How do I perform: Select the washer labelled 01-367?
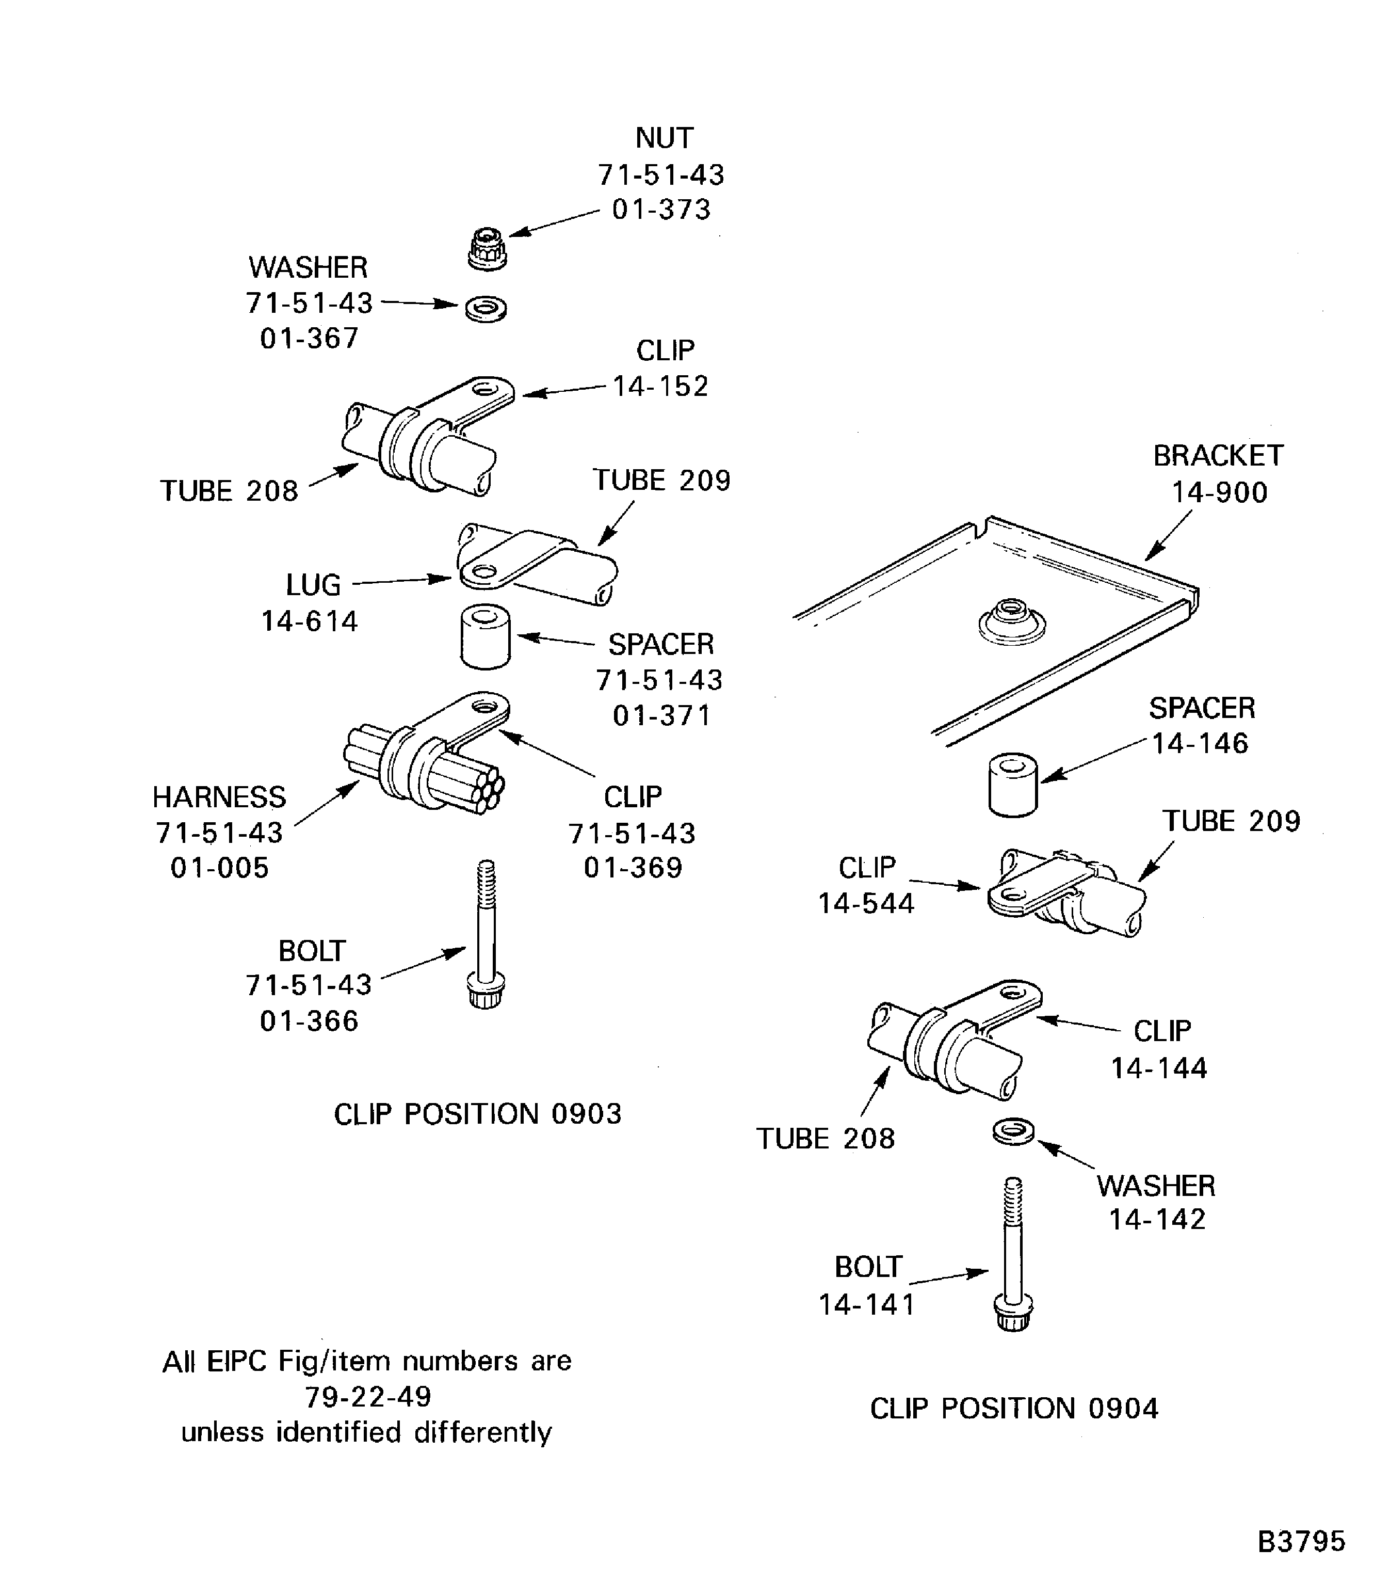[x=486, y=309]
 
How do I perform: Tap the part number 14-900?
[x=1219, y=492]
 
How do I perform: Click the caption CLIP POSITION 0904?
[x=1014, y=1409]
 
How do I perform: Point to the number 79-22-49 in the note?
[x=368, y=1396]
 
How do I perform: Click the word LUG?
[x=313, y=585]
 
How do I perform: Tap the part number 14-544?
[x=866, y=904]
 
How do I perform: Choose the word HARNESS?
[x=219, y=797]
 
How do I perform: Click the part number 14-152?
[x=660, y=386]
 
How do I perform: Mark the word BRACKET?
[x=1218, y=456]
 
